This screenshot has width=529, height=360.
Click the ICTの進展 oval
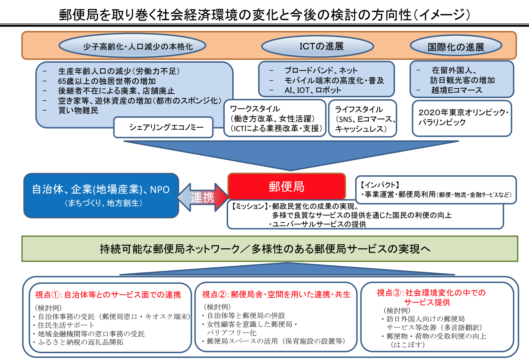(x=318, y=46)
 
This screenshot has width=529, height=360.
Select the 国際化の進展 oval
(x=456, y=46)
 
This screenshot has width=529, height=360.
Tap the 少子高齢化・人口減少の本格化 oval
(x=132, y=46)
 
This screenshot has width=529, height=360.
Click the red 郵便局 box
(x=287, y=186)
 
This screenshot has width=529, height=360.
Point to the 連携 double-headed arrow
(x=203, y=197)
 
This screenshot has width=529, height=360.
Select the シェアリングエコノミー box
(x=163, y=127)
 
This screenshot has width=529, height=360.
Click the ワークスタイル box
(x=275, y=119)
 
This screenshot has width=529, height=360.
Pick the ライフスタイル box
(x=363, y=119)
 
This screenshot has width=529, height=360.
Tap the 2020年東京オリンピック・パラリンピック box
(x=462, y=118)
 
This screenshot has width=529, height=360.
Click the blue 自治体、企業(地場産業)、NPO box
(x=101, y=195)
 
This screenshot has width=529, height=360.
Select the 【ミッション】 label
(x=249, y=206)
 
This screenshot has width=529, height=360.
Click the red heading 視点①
(x=108, y=295)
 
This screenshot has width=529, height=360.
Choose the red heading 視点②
(x=276, y=294)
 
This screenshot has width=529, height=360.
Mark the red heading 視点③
(x=431, y=297)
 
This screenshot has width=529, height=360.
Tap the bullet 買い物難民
(x=78, y=111)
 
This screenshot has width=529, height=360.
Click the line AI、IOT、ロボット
(x=313, y=90)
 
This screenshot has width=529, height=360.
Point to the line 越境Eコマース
(x=457, y=90)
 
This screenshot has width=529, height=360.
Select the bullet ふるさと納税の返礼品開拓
(x=80, y=342)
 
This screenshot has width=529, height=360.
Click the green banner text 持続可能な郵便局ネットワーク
(x=170, y=249)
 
